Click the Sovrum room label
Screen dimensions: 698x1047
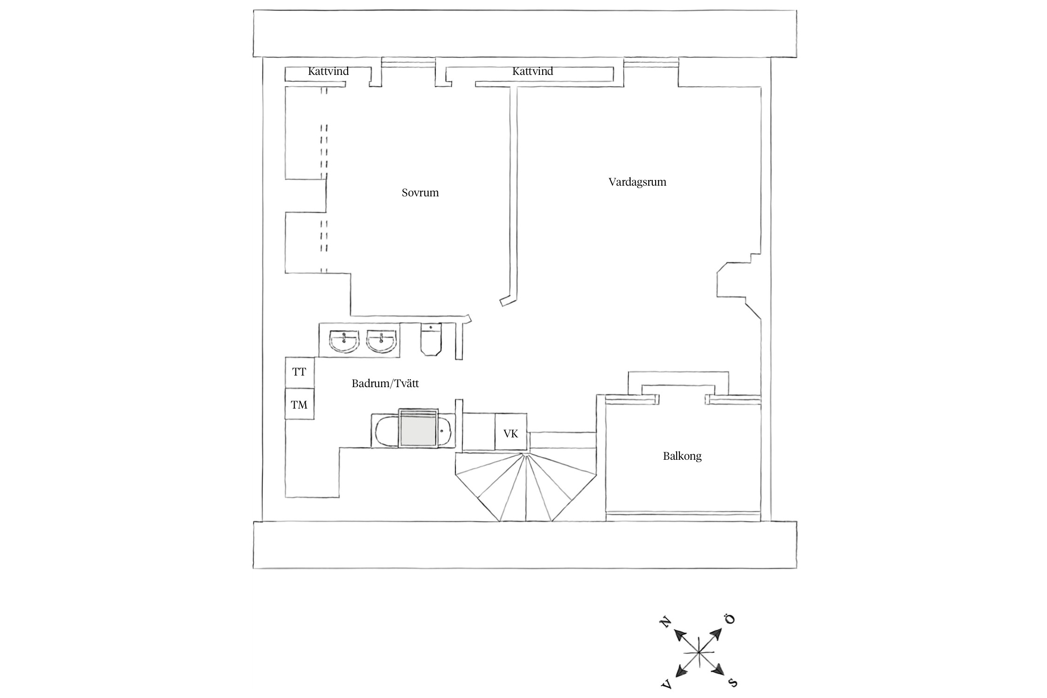click(x=420, y=193)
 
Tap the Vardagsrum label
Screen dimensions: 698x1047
click(x=637, y=182)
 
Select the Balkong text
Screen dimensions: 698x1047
click(x=682, y=456)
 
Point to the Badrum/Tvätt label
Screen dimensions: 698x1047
click(x=385, y=384)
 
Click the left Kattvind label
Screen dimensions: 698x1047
click(x=328, y=72)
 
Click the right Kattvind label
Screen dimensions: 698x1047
click(x=532, y=72)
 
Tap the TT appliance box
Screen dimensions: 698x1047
click(x=299, y=372)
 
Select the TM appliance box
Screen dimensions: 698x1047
click(x=299, y=405)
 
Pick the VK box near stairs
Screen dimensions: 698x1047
click(x=510, y=434)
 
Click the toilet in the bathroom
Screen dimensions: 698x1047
click(x=431, y=340)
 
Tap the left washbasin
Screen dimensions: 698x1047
click(x=344, y=341)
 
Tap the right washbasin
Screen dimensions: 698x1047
click(x=382, y=341)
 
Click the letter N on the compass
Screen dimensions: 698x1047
click(x=665, y=622)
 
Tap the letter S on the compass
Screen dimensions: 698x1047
click(x=732, y=683)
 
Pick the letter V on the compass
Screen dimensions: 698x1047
click(x=666, y=684)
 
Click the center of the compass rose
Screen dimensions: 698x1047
click(x=699, y=653)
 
